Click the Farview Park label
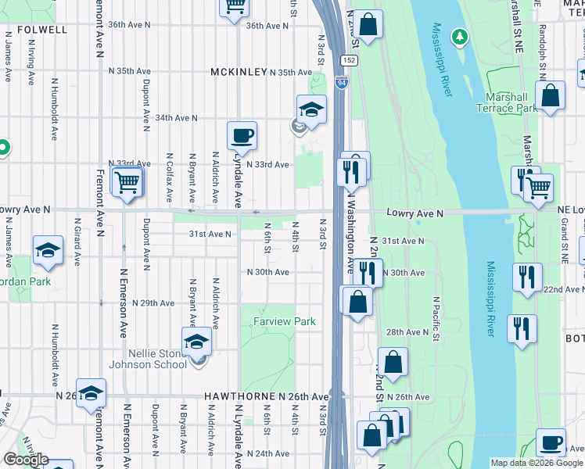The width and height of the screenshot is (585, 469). [x=284, y=321]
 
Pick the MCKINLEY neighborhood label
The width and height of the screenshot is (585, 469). [x=239, y=72]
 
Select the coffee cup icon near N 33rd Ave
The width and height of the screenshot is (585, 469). [x=242, y=135]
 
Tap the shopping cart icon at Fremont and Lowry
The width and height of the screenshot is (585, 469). [x=126, y=182]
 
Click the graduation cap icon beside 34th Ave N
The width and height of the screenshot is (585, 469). [x=311, y=109]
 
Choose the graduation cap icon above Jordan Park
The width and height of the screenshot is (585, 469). [x=48, y=250]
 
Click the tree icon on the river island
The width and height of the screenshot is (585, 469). [x=461, y=36]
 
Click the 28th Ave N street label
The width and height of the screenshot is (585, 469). [x=407, y=332]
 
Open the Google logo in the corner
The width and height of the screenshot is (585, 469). [x=26, y=460]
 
